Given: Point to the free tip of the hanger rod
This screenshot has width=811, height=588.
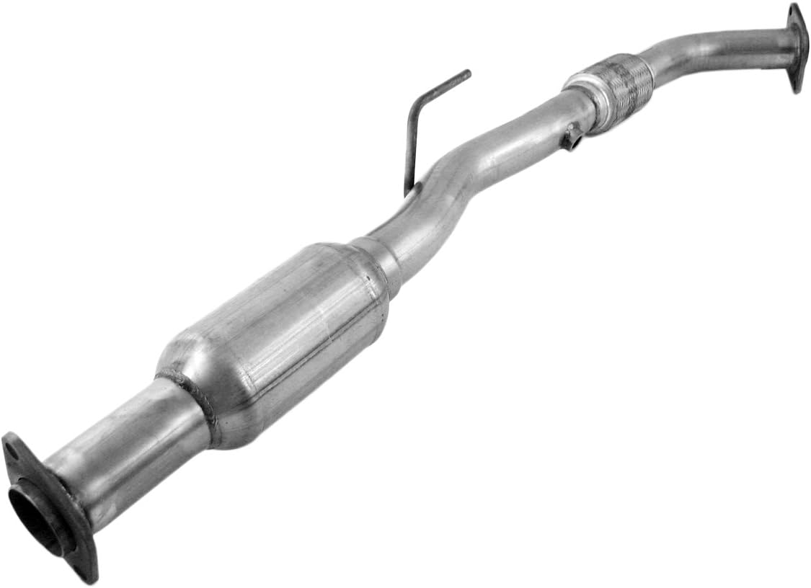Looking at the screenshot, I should pos(467,73).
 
